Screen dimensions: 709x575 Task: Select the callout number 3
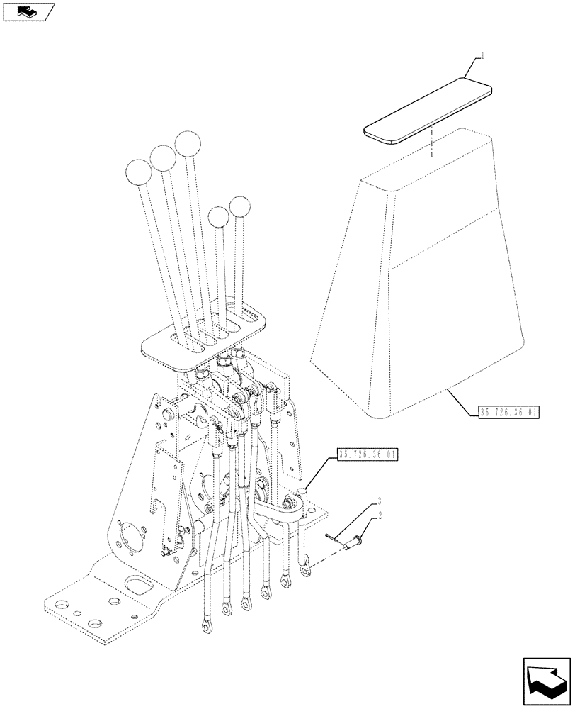[380, 501]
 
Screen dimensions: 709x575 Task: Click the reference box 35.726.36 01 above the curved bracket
[368, 454]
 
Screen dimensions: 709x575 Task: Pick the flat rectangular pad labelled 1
[428, 112]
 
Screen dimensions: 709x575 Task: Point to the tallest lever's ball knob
[188, 144]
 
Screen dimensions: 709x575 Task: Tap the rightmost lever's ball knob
[241, 207]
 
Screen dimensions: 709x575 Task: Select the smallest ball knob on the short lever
[219, 216]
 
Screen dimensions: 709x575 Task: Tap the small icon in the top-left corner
[28, 11]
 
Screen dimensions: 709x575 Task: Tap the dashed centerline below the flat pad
[429, 145]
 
